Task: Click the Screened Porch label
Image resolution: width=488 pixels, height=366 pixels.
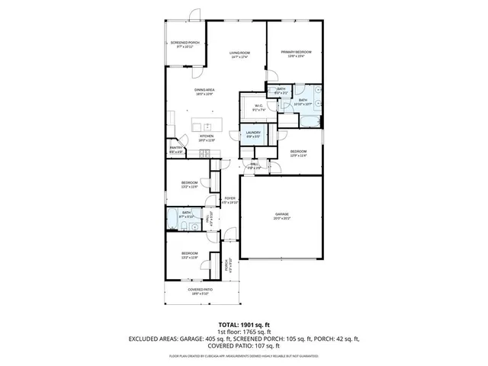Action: click(x=185, y=44)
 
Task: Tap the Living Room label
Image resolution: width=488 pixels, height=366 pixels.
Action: click(x=240, y=54)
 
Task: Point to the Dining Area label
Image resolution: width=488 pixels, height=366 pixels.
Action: click(x=204, y=91)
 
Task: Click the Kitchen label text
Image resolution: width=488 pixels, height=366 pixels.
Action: click(x=207, y=138)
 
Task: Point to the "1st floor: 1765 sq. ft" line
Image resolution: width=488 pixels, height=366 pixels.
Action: click(x=244, y=332)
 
